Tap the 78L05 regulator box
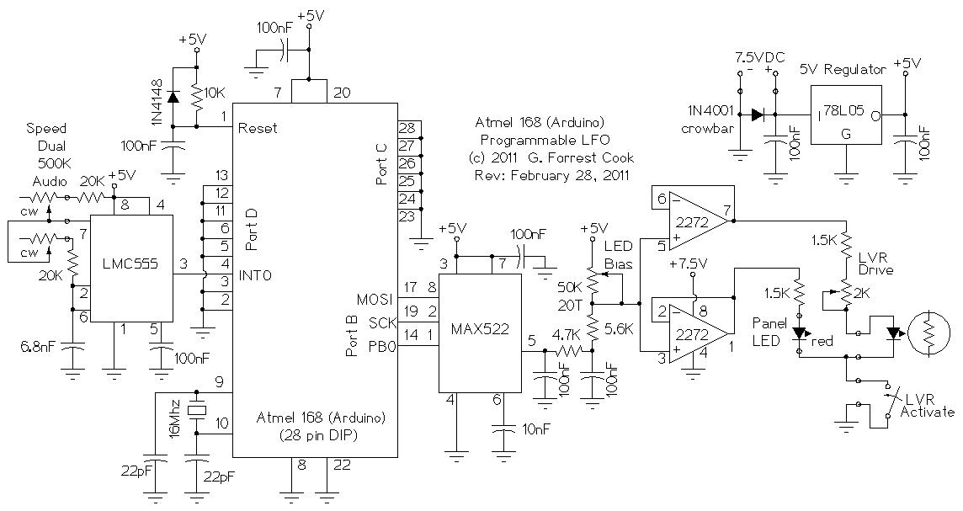tap(845, 115)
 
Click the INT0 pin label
tap(256, 274)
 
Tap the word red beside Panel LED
tap(822, 342)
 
